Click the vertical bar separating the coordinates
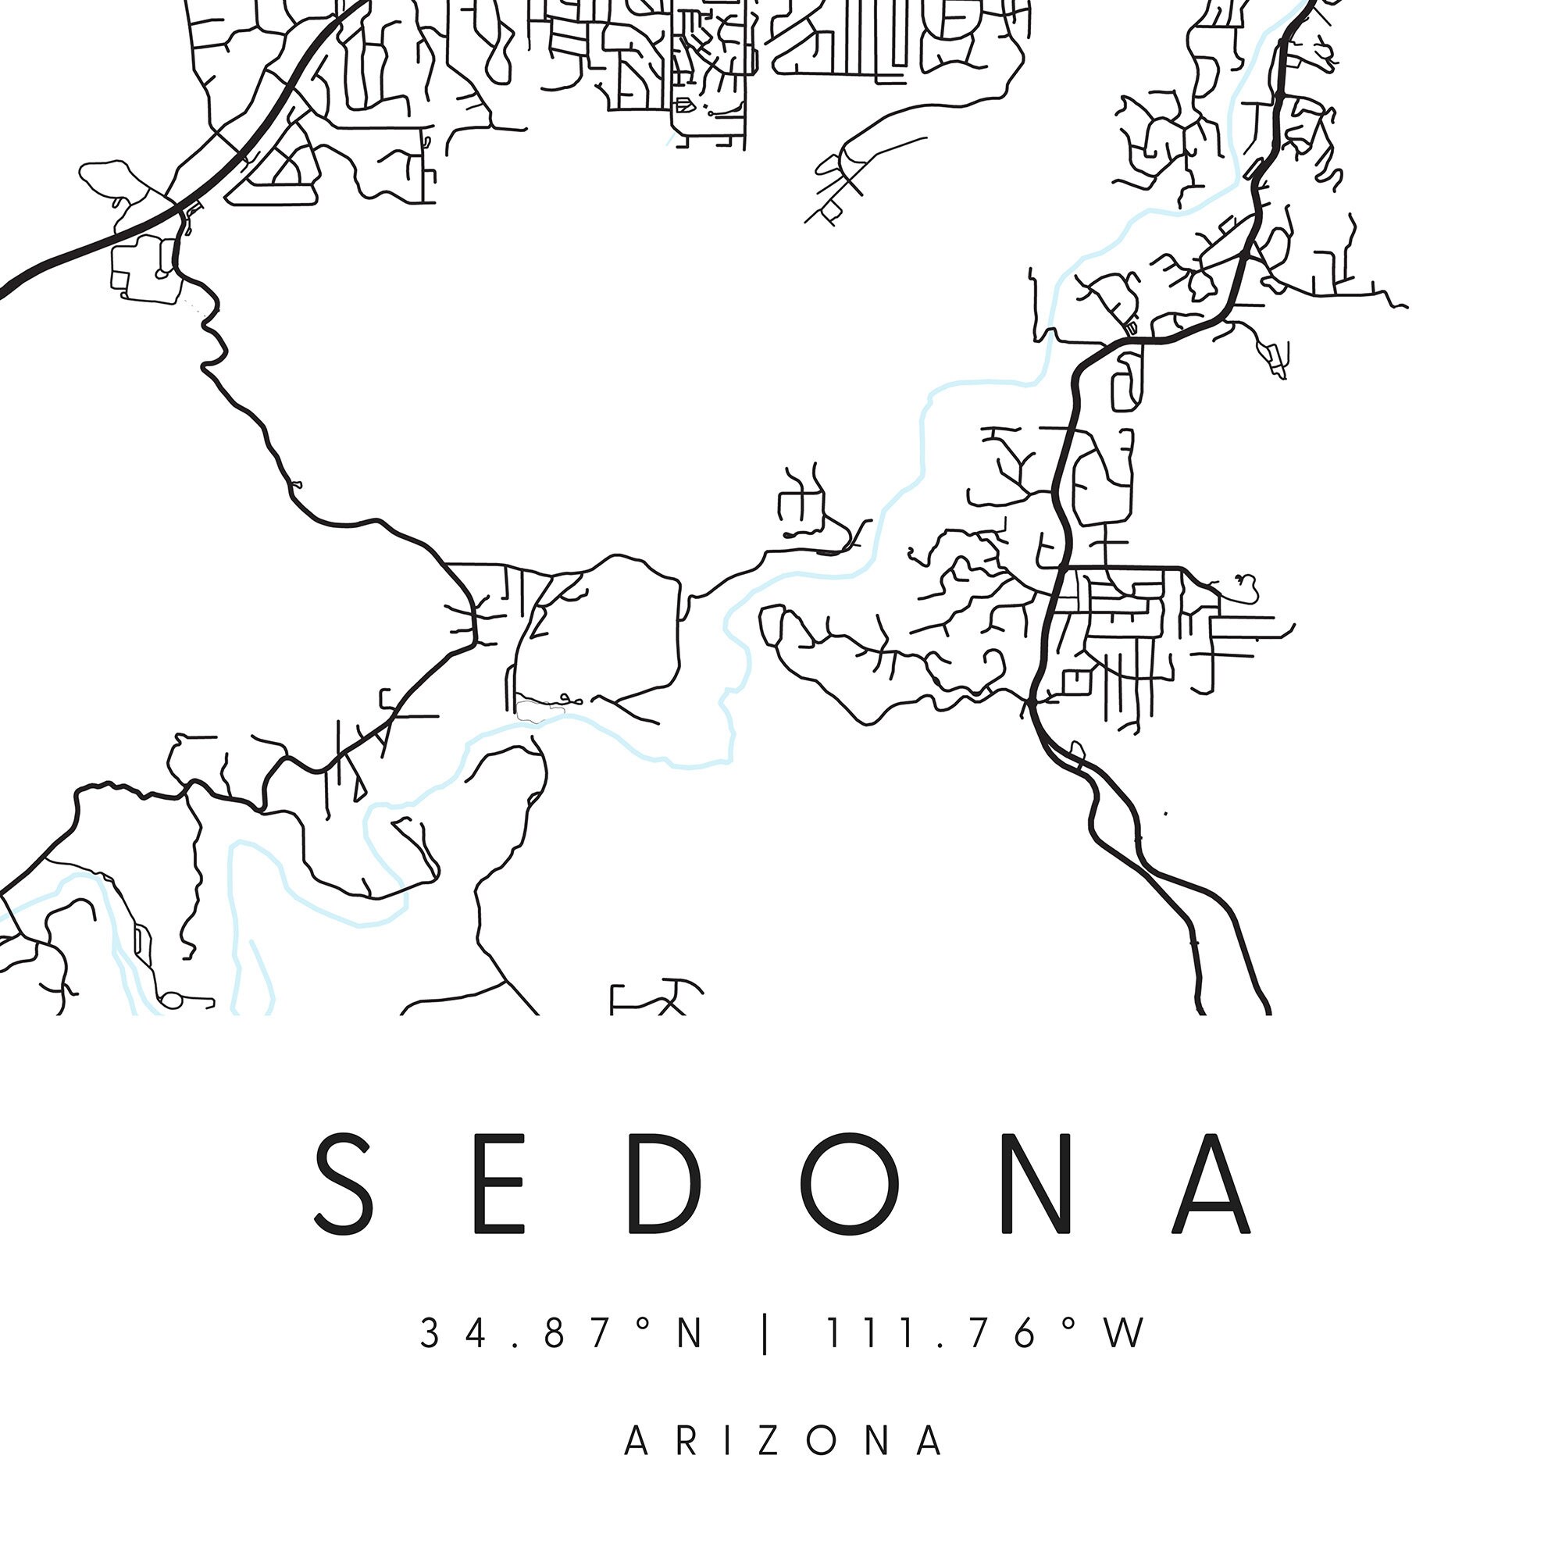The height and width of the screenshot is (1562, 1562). (x=765, y=1334)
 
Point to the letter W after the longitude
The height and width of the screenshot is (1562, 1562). (x=1126, y=1333)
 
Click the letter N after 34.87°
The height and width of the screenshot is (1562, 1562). (x=690, y=1333)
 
